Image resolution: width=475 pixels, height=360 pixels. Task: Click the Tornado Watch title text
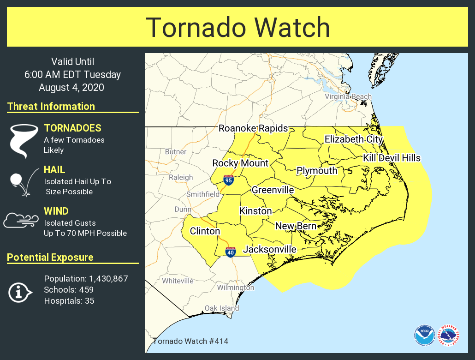pyautogui.click(x=237, y=28)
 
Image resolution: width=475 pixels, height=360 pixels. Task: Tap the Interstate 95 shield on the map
pyautogui.click(x=228, y=180)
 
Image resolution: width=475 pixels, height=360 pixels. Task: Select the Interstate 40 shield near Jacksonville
pyautogui.click(x=230, y=252)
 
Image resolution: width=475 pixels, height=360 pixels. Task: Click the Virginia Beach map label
pyautogui.click(x=348, y=96)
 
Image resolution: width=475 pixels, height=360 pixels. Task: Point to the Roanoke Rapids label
pyautogui.click(x=253, y=128)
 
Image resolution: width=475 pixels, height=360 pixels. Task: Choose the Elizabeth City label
pyautogui.click(x=354, y=139)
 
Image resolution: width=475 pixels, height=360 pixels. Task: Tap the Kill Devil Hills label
pyautogui.click(x=392, y=158)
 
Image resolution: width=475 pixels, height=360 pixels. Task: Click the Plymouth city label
pyautogui.click(x=317, y=171)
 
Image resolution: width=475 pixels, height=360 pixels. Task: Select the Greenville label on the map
pyautogui.click(x=273, y=190)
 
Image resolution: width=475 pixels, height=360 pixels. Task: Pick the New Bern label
pyautogui.click(x=296, y=226)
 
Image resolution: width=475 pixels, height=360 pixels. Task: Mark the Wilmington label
pyautogui.click(x=235, y=288)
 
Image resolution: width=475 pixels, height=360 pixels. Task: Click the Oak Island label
pyautogui.click(x=222, y=308)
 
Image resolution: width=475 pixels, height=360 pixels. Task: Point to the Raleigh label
pyautogui.click(x=181, y=177)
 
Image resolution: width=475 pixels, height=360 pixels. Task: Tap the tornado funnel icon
pyautogui.click(x=24, y=140)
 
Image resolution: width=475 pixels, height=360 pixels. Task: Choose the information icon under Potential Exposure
pyautogui.click(x=20, y=292)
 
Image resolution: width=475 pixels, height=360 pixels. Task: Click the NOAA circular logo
pyautogui.click(x=424, y=335)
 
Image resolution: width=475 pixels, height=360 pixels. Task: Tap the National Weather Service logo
pyautogui.click(x=448, y=335)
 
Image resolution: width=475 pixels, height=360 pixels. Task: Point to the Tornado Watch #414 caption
pyautogui.click(x=190, y=342)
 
